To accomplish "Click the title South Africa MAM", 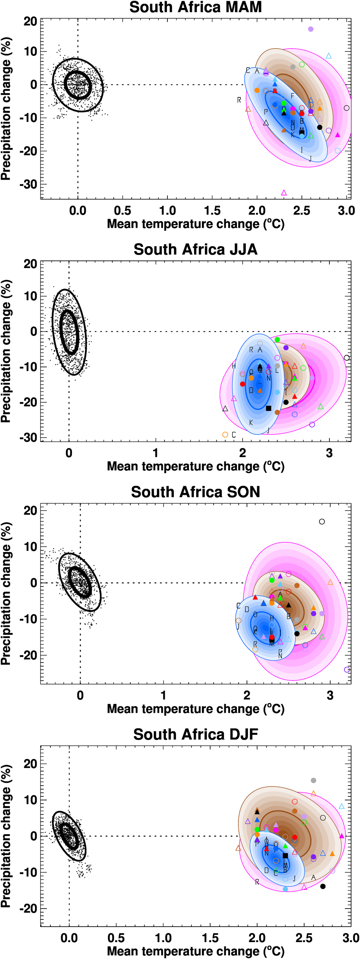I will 195,8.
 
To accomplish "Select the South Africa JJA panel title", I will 195,249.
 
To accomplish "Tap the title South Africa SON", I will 195,492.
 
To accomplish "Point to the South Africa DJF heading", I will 195,734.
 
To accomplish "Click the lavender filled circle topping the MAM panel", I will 311,29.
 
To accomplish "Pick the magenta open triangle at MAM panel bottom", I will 284,193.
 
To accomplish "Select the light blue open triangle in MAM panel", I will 329,56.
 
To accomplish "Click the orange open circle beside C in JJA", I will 225,435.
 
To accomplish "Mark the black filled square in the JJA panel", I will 269,408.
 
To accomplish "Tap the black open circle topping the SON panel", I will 322,521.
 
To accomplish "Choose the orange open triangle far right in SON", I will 330,582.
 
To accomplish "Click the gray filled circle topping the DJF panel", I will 314,780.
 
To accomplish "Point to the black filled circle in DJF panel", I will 323,886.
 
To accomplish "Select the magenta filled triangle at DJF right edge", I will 342,836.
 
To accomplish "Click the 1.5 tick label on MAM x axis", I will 212,211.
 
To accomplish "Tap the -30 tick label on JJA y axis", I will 29,438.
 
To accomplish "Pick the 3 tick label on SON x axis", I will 330,696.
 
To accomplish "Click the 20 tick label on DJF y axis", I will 31,764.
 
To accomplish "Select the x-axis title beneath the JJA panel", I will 195,466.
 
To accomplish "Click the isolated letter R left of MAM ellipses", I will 239,100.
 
